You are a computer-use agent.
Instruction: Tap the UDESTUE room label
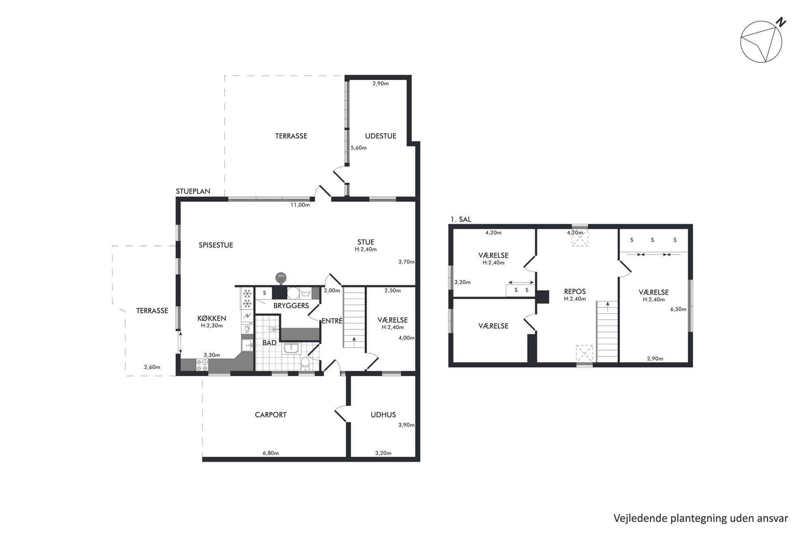click(381, 136)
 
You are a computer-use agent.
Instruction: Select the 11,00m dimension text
click(300, 205)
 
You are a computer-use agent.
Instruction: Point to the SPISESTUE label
click(216, 245)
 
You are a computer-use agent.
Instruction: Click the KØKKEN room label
click(212, 318)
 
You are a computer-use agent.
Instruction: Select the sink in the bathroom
click(291, 348)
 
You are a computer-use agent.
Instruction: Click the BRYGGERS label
click(291, 306)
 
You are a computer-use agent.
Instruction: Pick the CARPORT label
click(271, 415)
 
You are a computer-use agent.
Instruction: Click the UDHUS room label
click(383, 415)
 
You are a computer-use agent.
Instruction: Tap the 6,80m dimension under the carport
click(271, 453)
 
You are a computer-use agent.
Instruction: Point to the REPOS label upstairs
click(575, 291)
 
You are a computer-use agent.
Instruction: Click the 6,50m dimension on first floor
click(678, 309)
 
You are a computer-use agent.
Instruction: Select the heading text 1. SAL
click(461, 220)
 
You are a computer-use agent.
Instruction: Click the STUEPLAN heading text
click(193, 191)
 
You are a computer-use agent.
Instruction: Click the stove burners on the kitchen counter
click(202, 365)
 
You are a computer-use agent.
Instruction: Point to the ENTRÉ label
click(332, 321)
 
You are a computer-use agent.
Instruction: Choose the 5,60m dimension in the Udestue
click(359, 148)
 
